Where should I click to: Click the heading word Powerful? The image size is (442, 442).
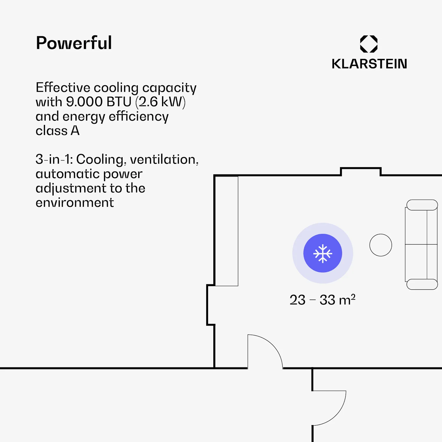pyautogui.click(x=74, y=43)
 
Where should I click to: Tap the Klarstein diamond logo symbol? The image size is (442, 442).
pyautogui.click(x=369, y=44)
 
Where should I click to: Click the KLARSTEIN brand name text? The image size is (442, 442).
pyautogui.click(x=369, y=64)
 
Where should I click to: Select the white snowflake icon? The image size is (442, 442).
pyautogui.click(x=323, y=253)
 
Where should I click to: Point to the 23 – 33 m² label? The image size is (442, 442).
pyautogui.click(x=323, y=300)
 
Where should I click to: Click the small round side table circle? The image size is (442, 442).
pyautogui.click(x=381, y=245)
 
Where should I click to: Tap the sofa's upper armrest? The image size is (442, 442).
pyautogui.click(x=422, y=205)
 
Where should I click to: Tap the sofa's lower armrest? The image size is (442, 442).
pyautogui.click(x=422, y=284)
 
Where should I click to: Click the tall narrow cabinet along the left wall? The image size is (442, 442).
pyautogui.click(x=226, y=231)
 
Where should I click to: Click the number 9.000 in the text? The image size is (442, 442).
pyautogui.click(x=84, y=102)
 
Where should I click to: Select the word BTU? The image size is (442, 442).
pyautogui.click(x=119, y=102)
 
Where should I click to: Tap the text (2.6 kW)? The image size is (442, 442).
pyautogui.click(x=161, y=102)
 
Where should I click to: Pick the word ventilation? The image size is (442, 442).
pyautogui.click(x=164, y=160)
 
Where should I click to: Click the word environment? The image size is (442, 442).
pyautogui.click(x=75, y=203)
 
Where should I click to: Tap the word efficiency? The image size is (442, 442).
pyautogui.click(x=139, y=117)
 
